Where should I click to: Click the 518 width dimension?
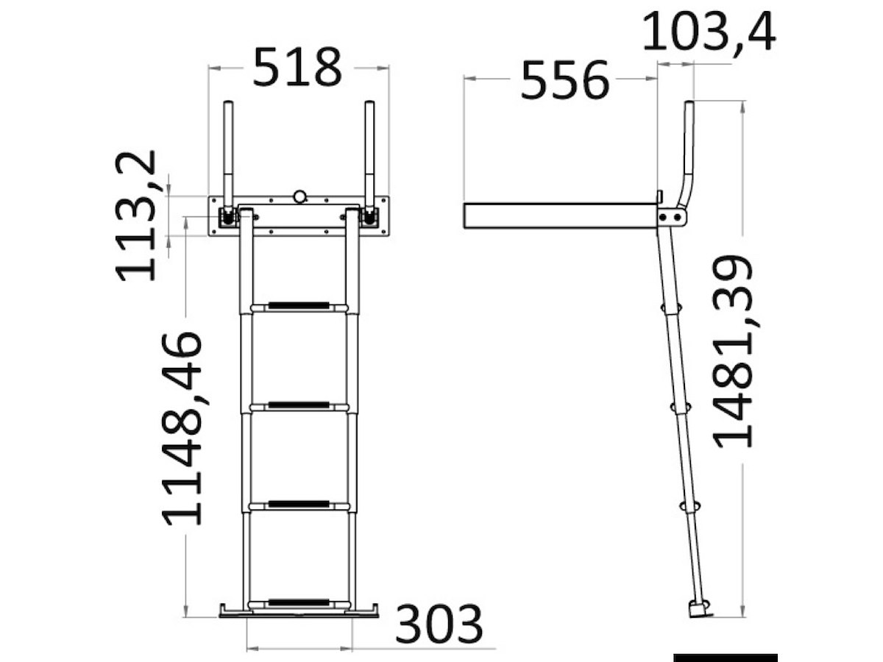297,67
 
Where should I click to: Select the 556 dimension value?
564,80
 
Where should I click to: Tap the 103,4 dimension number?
709,32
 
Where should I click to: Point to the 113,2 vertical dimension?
136,216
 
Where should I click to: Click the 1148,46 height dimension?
182,429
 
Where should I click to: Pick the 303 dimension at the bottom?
439,624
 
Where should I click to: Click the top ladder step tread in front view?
299,307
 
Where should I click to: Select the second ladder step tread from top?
299,406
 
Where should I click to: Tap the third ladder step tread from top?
299,505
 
